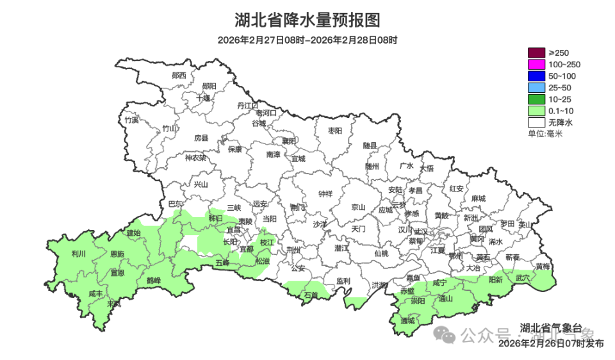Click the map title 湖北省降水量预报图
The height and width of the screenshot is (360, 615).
(307, 20)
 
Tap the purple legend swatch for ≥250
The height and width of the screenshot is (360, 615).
(536, 53)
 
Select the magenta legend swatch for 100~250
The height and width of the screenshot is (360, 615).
(536, 64)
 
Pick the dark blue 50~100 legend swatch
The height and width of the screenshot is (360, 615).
(536, 76)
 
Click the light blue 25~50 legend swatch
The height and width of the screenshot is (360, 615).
(536, 87)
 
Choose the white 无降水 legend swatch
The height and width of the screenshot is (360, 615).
(536, 122)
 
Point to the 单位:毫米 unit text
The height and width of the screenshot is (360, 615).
(545, 133)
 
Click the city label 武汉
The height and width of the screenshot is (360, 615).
(421, 231)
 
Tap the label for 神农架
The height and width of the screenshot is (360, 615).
(195, 158)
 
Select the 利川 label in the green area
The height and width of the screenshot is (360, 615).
(79, 254)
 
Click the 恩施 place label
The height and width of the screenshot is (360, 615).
(117, 254)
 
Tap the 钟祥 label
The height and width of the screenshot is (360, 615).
(325, 193)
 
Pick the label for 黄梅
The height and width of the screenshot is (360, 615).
(542, 266)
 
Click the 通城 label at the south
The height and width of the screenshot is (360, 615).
(407, 320)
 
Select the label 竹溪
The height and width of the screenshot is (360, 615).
(131, 120)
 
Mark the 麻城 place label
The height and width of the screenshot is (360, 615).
(478, 199)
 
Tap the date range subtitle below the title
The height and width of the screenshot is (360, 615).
(307, 40)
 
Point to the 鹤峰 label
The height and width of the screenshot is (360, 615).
(154, 280)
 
